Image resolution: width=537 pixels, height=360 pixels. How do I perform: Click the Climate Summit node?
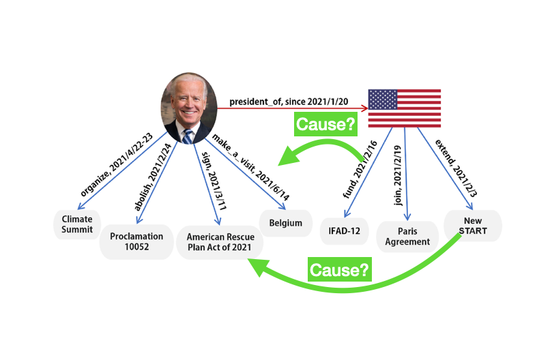[77, 224]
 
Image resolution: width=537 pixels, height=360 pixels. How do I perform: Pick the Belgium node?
[281, 223]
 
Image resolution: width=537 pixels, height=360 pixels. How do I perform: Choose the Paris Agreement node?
[407, 236]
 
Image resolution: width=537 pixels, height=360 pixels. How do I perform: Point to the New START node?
[472, 225]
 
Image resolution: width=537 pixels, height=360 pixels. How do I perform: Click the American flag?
[404, 108]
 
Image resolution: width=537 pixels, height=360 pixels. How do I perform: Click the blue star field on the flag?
[383, 100]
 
